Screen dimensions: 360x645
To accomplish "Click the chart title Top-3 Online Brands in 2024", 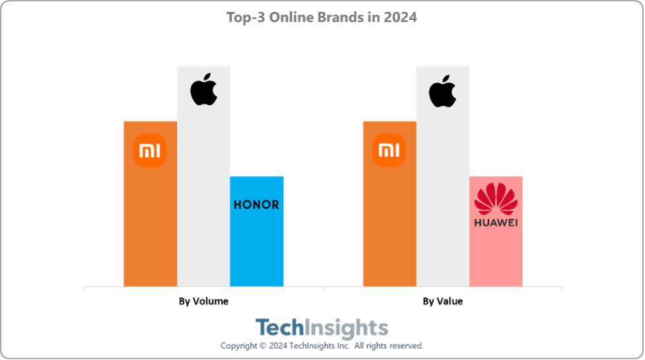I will [322, 18].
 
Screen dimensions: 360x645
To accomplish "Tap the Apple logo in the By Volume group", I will [203, 92].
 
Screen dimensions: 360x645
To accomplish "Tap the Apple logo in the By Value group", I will [442, 92].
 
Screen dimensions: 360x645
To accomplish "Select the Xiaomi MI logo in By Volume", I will [150, 151].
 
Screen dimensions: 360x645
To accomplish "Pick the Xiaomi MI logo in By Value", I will [389, 151].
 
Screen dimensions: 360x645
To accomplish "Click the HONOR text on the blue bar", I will [257, 205].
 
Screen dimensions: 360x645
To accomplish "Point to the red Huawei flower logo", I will [496, 199].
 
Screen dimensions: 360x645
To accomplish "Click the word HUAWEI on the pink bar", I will [496, 223].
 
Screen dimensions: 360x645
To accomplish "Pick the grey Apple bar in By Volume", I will [203, 198].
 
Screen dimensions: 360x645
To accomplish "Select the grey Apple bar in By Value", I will [442, 198].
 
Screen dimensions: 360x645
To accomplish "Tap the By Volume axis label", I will [203, 301].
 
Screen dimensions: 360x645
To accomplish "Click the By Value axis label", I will [442, 301].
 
